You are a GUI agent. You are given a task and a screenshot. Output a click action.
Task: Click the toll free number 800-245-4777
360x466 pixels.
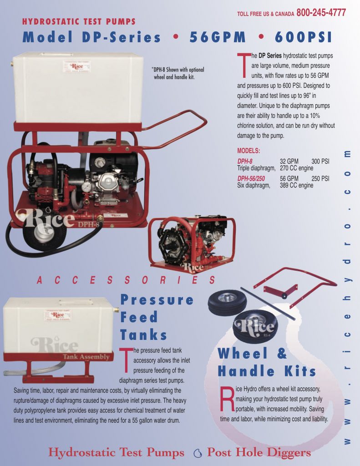321,13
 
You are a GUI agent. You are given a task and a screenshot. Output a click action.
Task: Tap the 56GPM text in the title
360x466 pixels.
218,37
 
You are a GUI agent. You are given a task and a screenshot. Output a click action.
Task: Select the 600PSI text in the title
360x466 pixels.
304,37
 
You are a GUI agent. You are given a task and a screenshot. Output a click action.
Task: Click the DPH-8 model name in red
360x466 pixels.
245,162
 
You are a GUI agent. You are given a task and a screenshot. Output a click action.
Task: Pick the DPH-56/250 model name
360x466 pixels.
254,179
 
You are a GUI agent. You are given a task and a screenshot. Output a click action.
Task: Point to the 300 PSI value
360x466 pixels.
320,162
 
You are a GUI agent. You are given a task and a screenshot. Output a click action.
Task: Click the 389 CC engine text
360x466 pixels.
296,185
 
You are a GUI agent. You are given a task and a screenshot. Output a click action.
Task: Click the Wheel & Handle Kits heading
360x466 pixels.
266,362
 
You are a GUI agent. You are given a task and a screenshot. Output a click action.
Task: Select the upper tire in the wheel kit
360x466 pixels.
227,301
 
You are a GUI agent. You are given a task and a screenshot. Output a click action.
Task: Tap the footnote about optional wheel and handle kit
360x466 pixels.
178,73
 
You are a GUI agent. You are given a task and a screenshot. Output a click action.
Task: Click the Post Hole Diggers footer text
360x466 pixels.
259,452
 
